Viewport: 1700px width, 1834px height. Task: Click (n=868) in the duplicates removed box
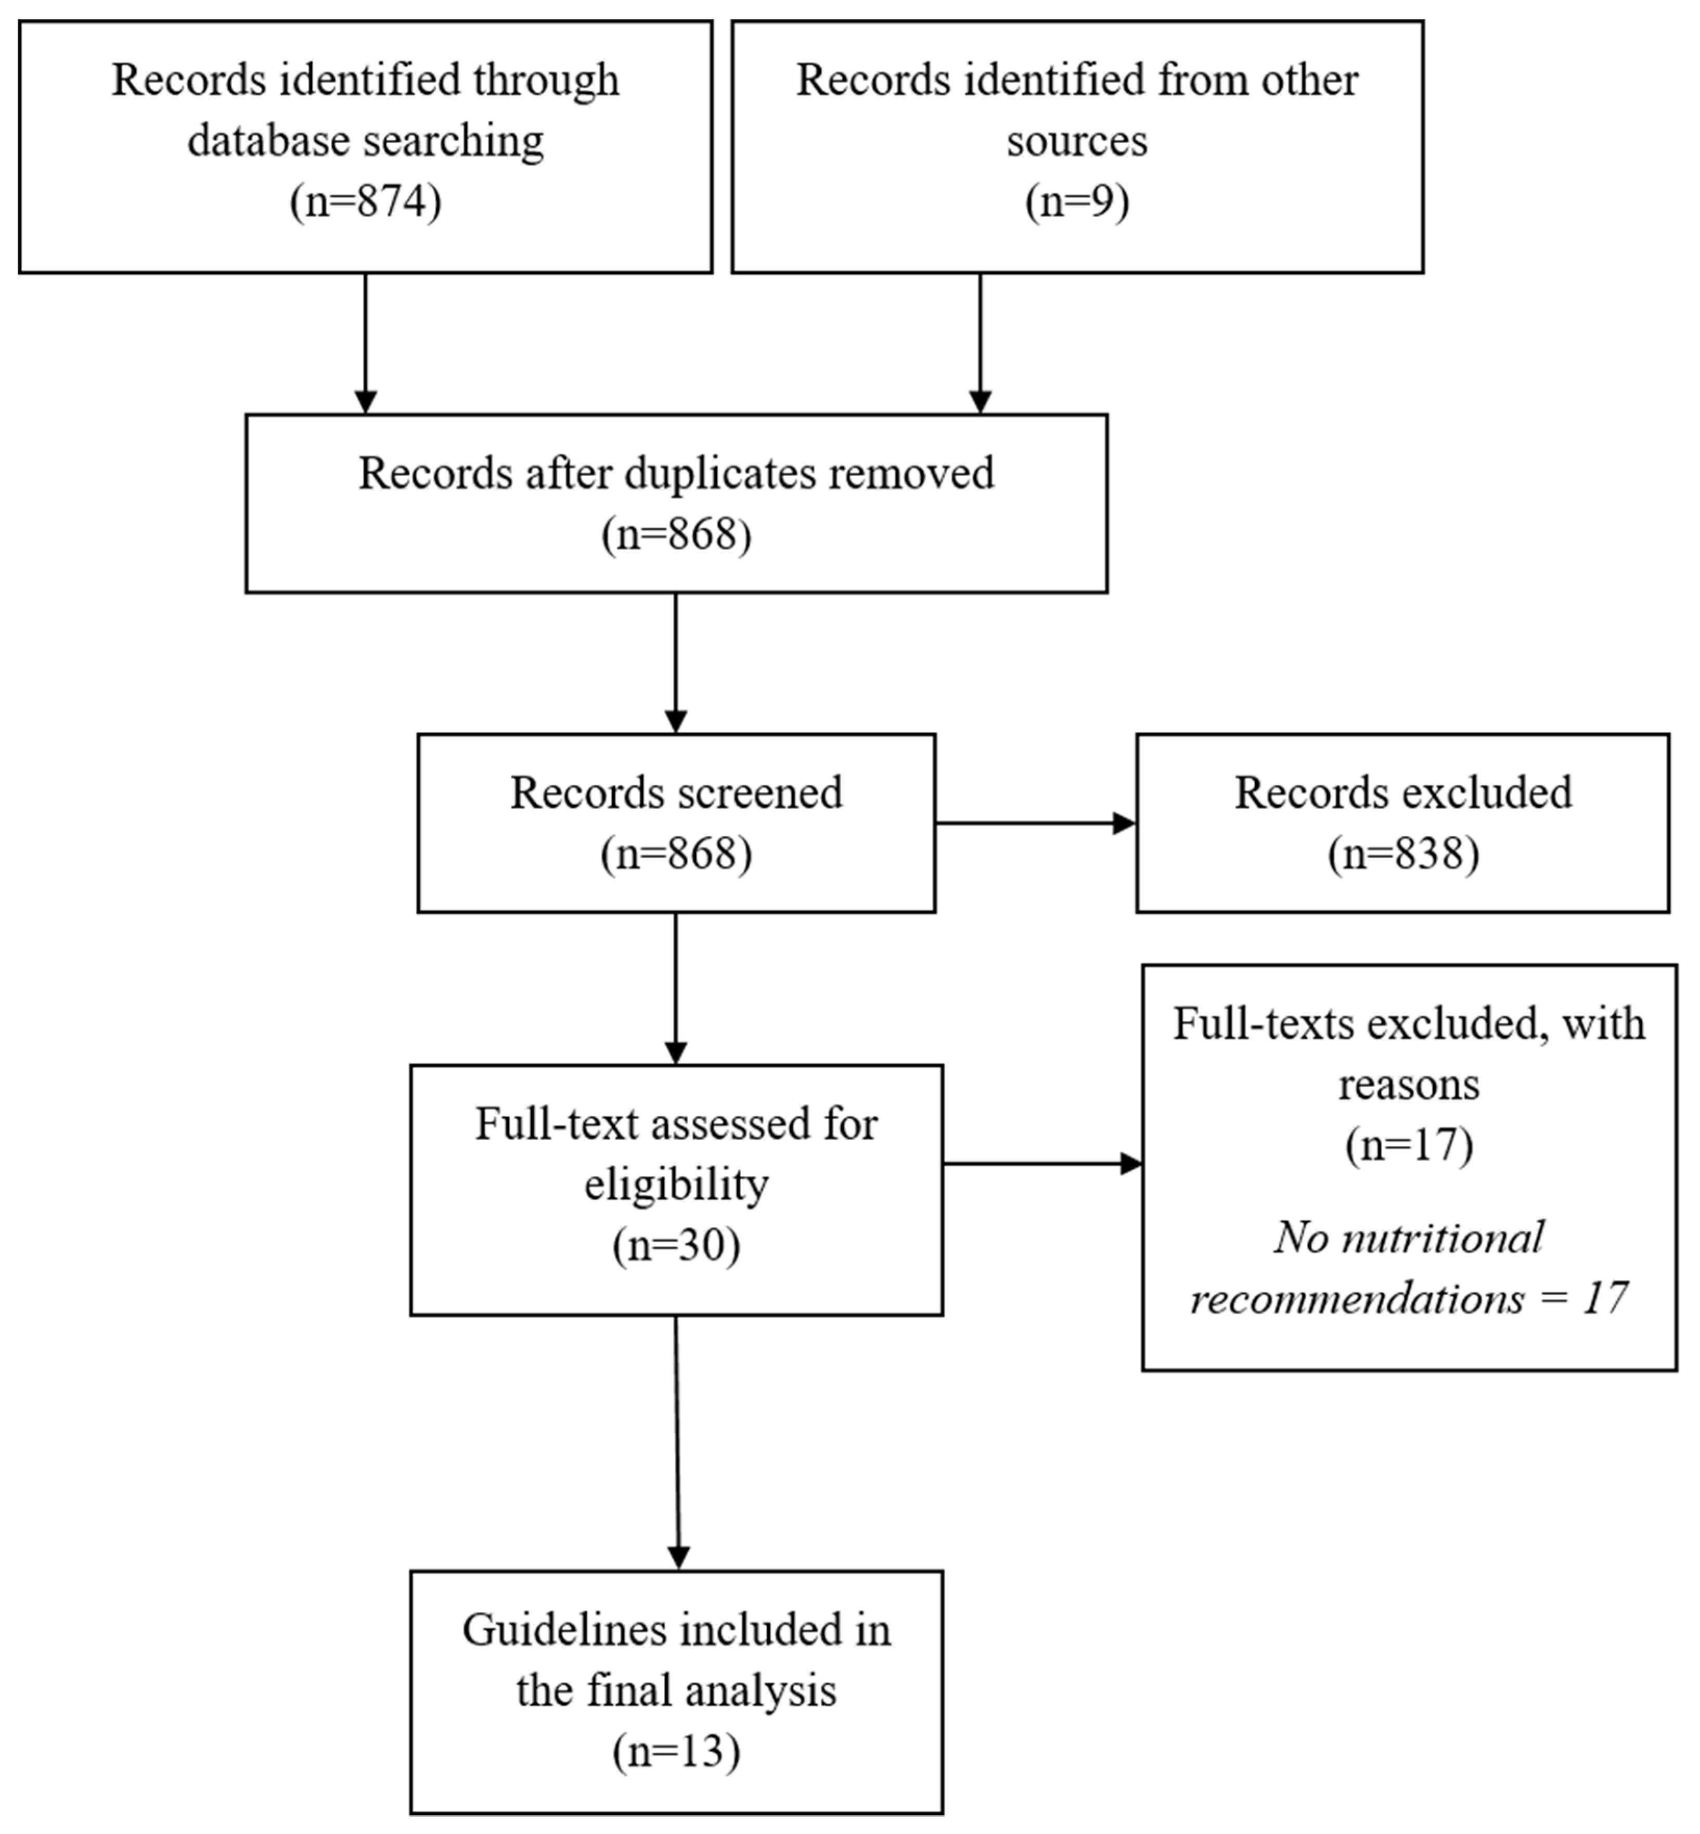click(x=676, y=534)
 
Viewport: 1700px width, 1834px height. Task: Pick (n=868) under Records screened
click(x=676, y=854)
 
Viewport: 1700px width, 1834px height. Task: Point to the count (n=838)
click(x=1403, y=854)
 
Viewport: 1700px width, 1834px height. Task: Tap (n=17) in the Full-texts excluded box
click(x=1408, y=1145)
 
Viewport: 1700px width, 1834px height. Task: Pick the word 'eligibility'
click(x=676, y=1185)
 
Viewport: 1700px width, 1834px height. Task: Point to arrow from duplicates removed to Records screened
click(x=676, y=663)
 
